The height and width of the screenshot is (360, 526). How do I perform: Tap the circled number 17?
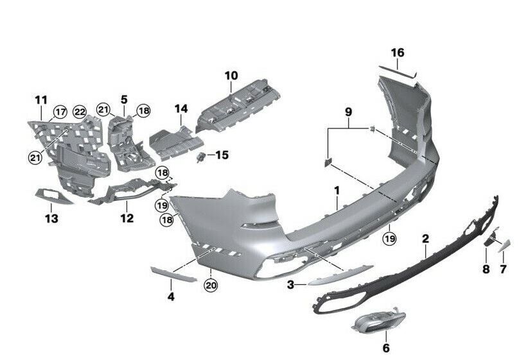click(x=60, y=112)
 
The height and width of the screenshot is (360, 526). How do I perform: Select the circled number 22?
click(x=79, y=112)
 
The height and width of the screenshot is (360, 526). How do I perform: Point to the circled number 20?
click(x=211, y=285)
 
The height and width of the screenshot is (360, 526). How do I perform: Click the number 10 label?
click(x=231, y=76)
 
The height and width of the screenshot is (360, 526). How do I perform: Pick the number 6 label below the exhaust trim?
click(x=385, y=348)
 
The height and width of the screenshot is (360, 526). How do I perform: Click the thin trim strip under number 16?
click(x=397, y=71)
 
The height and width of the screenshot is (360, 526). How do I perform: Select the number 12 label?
click(x=127, y=218)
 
